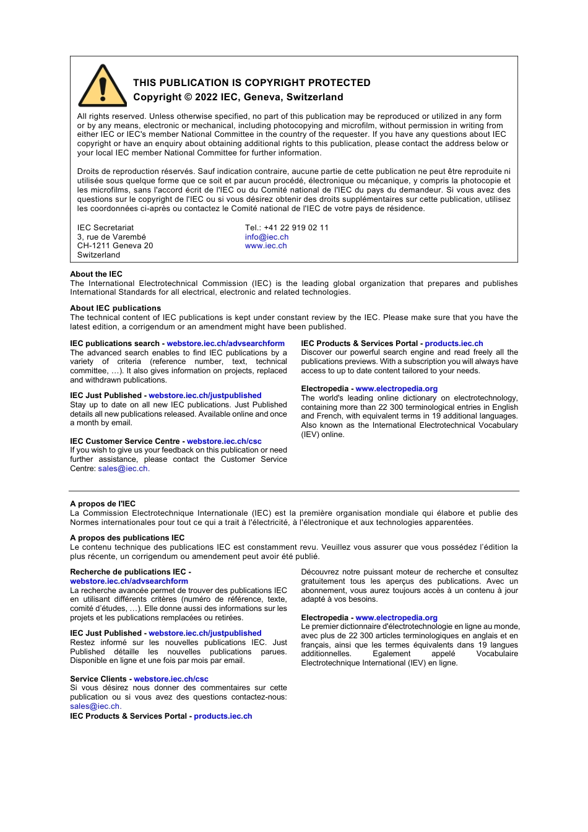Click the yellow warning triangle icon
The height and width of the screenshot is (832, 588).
(103, 87)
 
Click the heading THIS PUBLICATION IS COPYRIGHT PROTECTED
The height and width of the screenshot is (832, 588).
(251, 83)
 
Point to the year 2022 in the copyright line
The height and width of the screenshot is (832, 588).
(206, 97)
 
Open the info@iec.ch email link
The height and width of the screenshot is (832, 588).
(266, 237)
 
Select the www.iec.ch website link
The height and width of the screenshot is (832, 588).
(266, 246)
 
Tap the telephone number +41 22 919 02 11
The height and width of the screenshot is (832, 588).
(296, 228)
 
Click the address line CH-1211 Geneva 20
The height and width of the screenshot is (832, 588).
(115, 246)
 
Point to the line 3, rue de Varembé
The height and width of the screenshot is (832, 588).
(111, 237)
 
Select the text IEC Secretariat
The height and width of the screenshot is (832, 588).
(105, 228)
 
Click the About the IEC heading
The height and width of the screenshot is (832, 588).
(96, 274)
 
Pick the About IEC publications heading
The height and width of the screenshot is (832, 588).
(115, 308)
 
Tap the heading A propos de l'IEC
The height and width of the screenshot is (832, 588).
(102, 504)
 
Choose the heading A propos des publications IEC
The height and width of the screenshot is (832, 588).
(127, 538)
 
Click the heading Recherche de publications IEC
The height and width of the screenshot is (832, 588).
(128, 572)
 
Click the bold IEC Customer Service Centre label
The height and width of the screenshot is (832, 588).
(124, 441)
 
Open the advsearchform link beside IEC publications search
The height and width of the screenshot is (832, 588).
(225, 344)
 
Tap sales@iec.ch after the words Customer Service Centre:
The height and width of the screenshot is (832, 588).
(123, 469)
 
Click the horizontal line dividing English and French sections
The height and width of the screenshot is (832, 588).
(294, 491)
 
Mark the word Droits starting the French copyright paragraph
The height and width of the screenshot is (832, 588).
(89, 171)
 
